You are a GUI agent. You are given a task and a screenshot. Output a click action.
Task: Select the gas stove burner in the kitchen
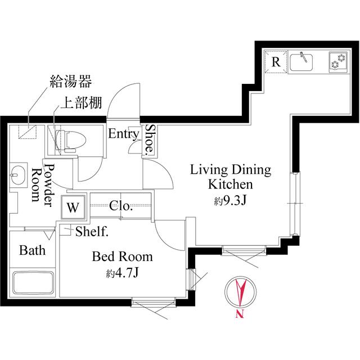337,62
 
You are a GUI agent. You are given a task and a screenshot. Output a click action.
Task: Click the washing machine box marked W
73,206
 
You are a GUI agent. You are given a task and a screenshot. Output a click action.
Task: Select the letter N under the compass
240,315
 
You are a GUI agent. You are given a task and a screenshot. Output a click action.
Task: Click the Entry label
123,134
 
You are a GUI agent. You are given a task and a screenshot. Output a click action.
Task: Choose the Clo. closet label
121,206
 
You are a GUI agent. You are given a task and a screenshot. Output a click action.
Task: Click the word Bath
32,250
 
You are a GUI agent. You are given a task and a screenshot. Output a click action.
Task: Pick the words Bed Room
122,257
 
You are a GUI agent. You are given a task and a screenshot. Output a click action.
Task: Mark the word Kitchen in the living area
231,184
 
